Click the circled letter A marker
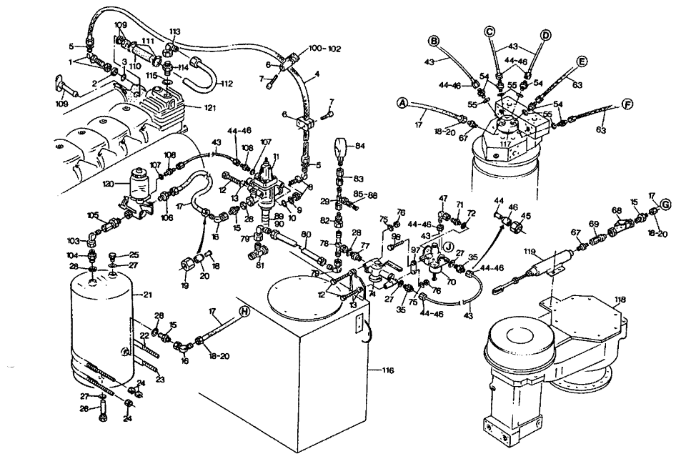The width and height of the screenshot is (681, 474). (402, 104)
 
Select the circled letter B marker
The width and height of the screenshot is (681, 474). (434, 40)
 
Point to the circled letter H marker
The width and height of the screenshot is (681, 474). (243, 311)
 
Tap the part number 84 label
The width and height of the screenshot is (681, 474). (360, 146)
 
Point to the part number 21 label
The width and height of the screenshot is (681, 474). (149, 294)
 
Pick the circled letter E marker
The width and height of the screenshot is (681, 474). (582, 62)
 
